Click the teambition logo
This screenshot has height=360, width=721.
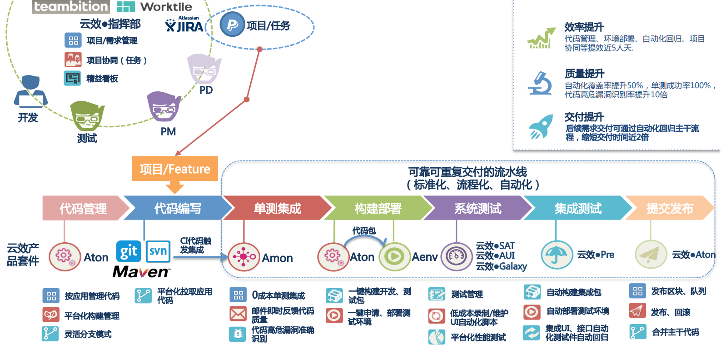[71, 6]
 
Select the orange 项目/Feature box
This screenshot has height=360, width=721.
[175, 169]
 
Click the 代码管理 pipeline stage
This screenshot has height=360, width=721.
[83, 208]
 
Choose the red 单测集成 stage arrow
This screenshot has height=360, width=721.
[277, 208]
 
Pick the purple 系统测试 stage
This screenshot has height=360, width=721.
[477, 208]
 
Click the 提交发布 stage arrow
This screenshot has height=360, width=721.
[669, 208]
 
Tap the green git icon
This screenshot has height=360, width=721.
[129, 251]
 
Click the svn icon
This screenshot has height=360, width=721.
[158, 251]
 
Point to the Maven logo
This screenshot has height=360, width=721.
[141, 272]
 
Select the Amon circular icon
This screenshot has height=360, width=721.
[244, 257]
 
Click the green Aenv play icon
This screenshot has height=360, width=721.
[394, 257]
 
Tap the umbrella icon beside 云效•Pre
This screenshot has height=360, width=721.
[557, 255]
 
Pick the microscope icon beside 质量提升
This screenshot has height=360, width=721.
[540, 83]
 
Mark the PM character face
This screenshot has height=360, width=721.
[164, 106]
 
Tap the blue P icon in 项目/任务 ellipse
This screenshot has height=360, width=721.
[232, 25]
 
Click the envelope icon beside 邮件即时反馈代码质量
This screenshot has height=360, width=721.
[238, 314]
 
